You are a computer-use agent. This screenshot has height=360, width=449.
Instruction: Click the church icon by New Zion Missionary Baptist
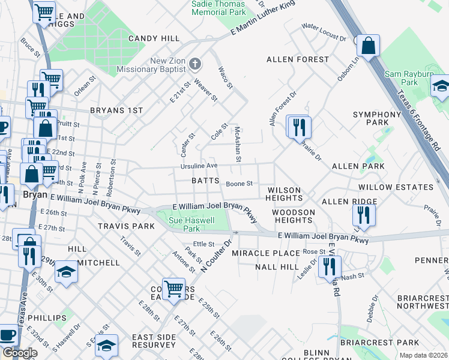[194, 64]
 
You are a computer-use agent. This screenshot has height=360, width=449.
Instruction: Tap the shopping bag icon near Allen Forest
[369, 44]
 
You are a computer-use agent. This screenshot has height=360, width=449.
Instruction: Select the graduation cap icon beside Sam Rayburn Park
[441, 85]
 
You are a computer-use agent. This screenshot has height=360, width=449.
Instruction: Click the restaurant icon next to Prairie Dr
[298, 127]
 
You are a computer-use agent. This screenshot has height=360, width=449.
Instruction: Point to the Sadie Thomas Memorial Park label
[218, 7]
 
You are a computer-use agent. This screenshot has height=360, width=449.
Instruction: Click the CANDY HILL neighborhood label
[154, 38]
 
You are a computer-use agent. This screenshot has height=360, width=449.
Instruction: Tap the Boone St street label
[239, 184]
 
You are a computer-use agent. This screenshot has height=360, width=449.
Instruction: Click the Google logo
[19, 353]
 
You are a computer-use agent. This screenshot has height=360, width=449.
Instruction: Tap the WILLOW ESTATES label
[396, 187]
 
